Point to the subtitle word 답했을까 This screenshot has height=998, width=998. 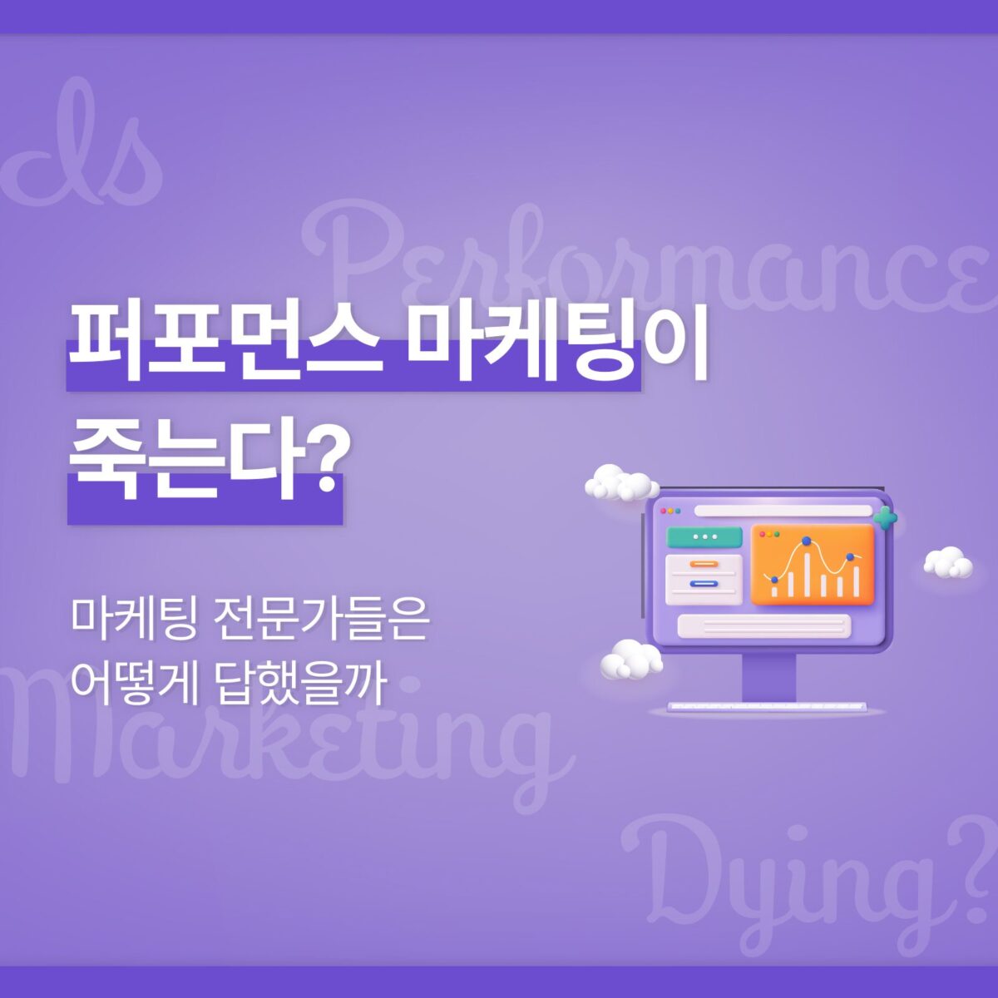pos(303,683)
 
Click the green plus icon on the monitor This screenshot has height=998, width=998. pos(885,517)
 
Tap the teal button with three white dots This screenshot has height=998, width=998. pos(704,537)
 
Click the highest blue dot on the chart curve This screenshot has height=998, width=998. pos(806,541)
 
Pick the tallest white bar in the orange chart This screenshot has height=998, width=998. pos(807,574)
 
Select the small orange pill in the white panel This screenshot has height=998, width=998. pos(704,564)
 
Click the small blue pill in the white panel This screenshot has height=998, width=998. pos(704,584)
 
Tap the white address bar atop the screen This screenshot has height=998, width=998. pos(783,511)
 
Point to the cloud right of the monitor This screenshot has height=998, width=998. pos(948,562)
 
